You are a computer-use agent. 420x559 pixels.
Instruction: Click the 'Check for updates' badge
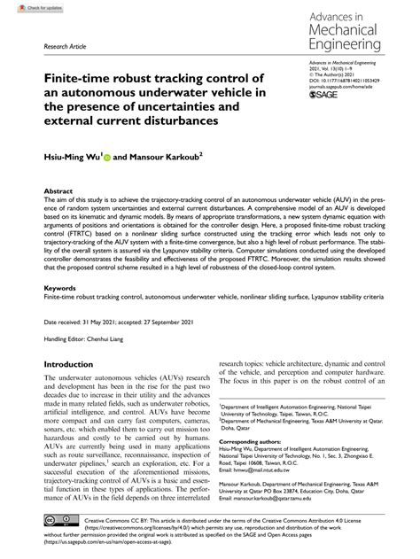coord(27,6)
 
